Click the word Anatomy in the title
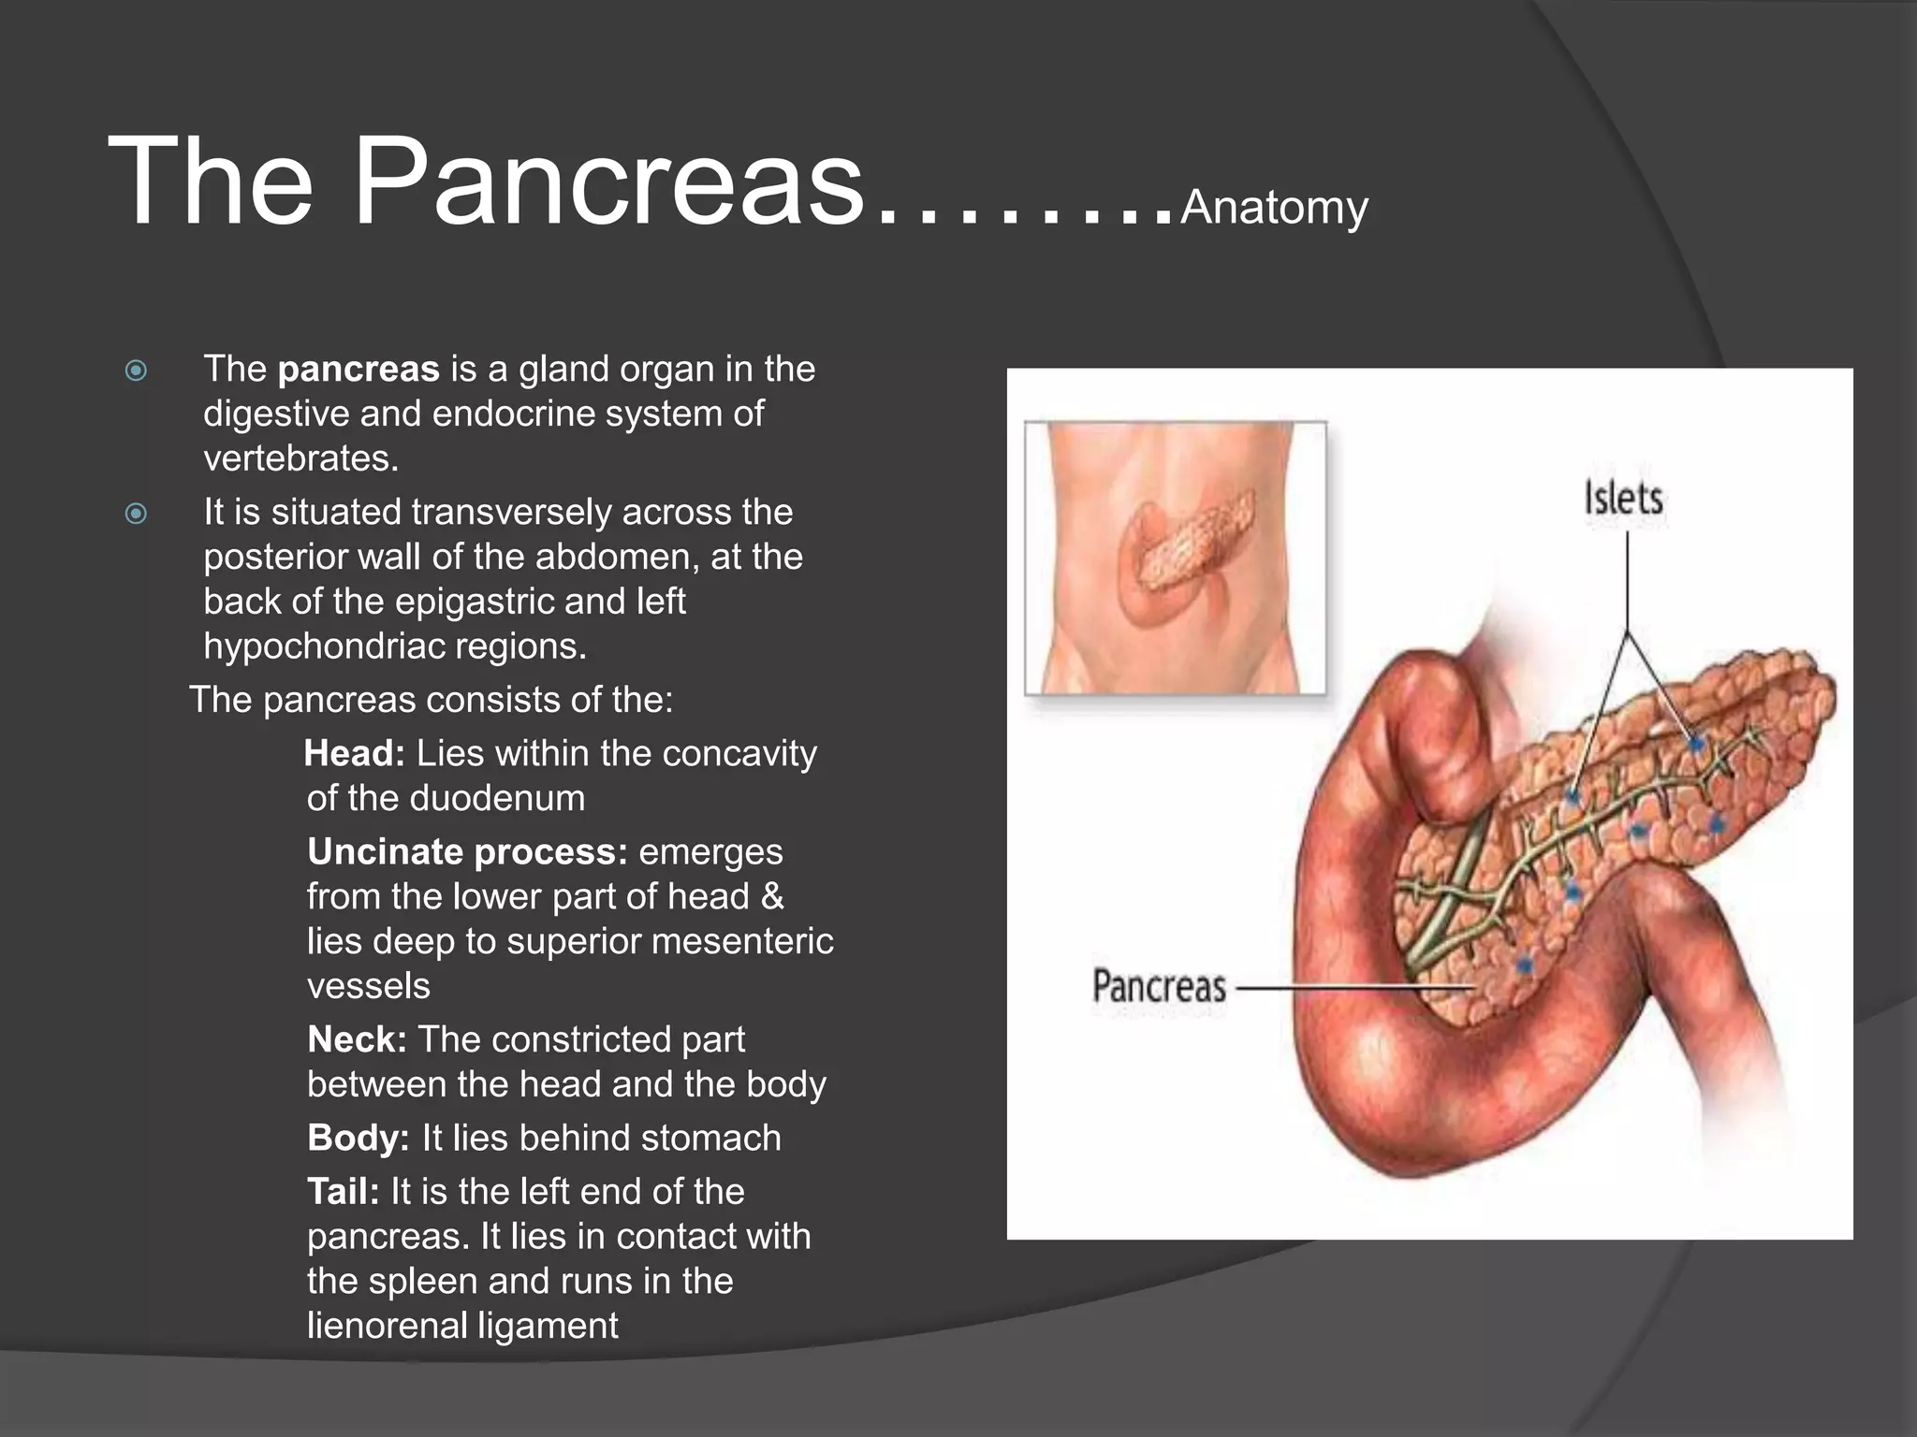[1274, 208]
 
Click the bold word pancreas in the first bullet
[359, 370]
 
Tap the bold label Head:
[355, 754]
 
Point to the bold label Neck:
[357, 1040]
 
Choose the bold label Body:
[359, 1139]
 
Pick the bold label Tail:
[344, 1192]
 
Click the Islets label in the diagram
[1623, 499]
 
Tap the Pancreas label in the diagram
[1159, 987]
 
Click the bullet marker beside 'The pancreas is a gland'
[137, 371]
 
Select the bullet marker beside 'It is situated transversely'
[137, 514]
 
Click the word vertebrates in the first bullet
[300, 458]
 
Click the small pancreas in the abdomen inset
[1193, 543]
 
